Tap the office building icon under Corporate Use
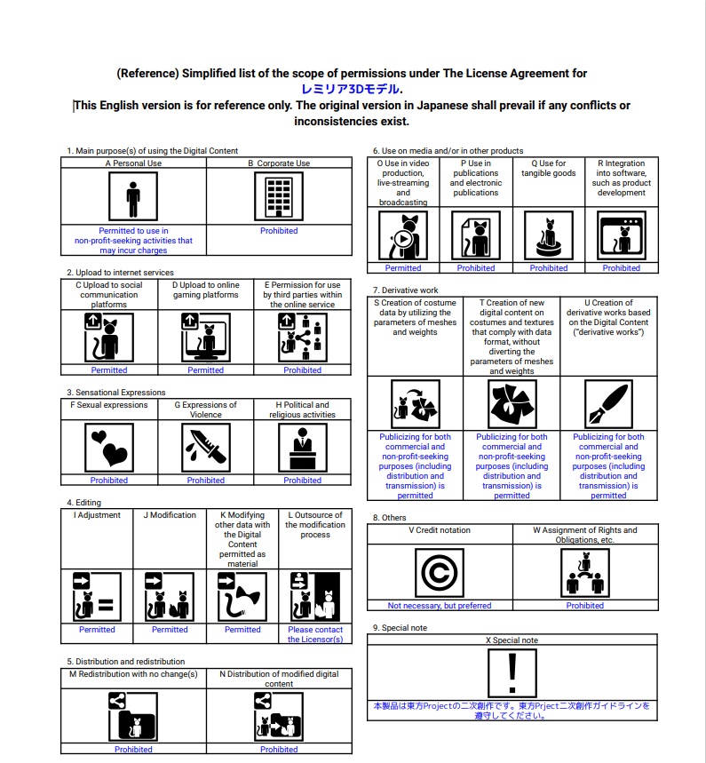click(279, 195)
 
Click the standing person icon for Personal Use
click(133, 195)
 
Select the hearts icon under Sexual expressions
click(109, 448)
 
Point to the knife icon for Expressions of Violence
click(205, 448)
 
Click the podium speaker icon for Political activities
click(302, 448)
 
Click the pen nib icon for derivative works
click(608, 404)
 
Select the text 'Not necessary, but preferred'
click(439, 606)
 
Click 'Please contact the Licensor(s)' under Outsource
click(315, 634)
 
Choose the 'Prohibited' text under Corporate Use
click(279, 231)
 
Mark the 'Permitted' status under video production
click(403, 268)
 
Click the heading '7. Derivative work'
click(405, 290)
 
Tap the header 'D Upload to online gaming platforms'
click(205, 290)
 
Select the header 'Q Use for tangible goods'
click(548, 163)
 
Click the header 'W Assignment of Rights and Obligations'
click(584, 535)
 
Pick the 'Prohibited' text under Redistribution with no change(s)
click(133, 750)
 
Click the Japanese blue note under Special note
click(512, 710)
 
